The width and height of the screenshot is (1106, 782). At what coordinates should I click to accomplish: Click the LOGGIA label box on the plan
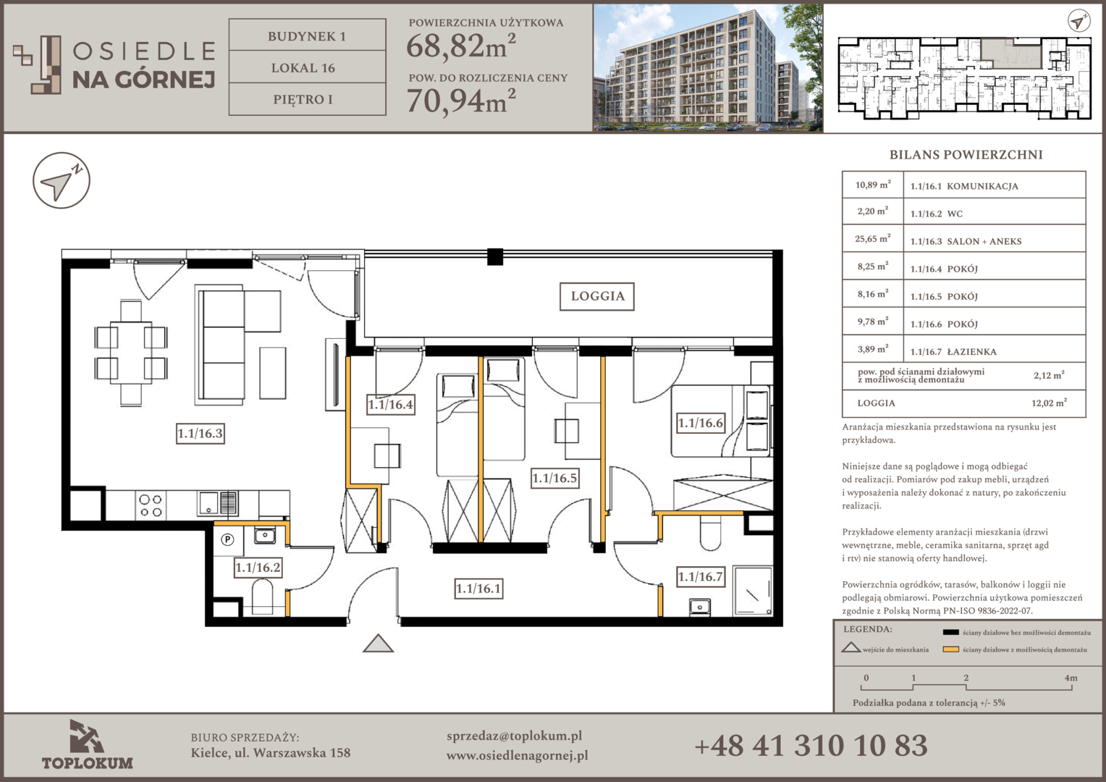pyautogui.click(x=597, y=296)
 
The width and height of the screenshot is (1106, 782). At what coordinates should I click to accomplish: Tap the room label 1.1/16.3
pyautogui.click(x=200, y=434)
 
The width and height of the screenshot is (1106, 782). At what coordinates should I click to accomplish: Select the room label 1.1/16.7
pyautogui.click(x=700, y=576)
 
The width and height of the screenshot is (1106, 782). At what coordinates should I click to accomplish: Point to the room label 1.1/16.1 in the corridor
pyautogui.click(x=478, y=589)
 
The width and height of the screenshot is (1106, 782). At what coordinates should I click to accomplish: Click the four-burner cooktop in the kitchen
pyautogui.click(x=151, y=505)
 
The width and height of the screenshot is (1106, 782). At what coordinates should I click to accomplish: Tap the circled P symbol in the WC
pyautogui.click(x=227, y=539)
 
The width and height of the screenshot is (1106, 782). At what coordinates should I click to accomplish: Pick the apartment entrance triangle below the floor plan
pyautogui.click(x=379, y=644)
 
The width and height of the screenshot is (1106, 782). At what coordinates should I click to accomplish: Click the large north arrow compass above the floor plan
pyautogui.click(x=62, y=180)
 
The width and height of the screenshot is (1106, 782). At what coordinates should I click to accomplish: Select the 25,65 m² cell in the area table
pyautogui.click(x=872, y=239)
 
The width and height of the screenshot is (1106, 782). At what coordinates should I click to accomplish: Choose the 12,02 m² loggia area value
pyautogui.click(x=1049, y=403)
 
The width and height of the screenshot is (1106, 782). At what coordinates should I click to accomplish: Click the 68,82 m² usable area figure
pyautogui.click(x=460, y=46)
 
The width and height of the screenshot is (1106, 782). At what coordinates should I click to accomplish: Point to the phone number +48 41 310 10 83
pyautogui.click(x=811, y=746)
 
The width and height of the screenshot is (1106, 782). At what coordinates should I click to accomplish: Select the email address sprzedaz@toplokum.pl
pyautogui.click(x=514, y=736)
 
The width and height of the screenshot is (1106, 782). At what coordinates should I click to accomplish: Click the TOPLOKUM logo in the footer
pyautogui.click(x=88, y=744)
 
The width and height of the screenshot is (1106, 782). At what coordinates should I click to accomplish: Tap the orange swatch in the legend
pyautogui.click(x=950, y=649)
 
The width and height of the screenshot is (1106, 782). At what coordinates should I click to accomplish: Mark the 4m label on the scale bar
pyautogui.click(x=1071, y=678)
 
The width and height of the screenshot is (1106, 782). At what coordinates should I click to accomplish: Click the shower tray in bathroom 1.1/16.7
pyautogui.click(x=753, y=592)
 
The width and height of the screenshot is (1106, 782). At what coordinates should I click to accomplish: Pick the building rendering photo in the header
pyautogui.click(x=708, y=68)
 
